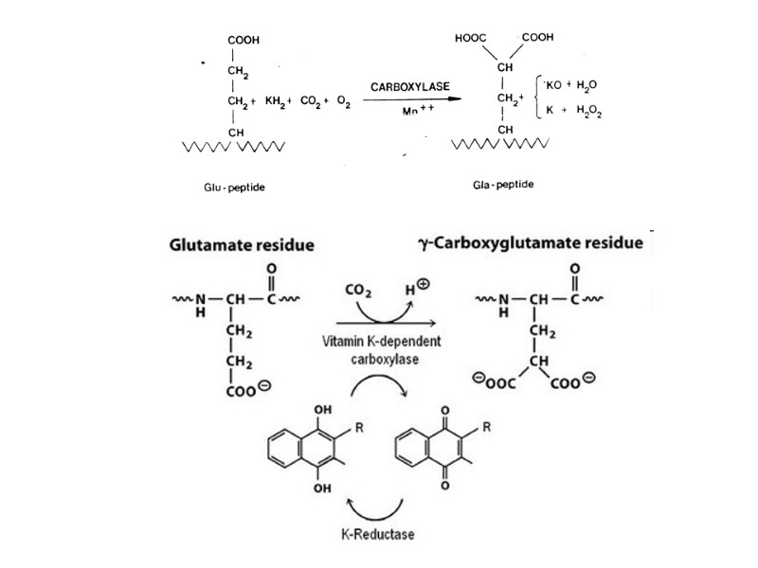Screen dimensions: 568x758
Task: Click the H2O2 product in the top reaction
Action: point(589,111)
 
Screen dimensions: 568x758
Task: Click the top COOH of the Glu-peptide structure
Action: point(244,41)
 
